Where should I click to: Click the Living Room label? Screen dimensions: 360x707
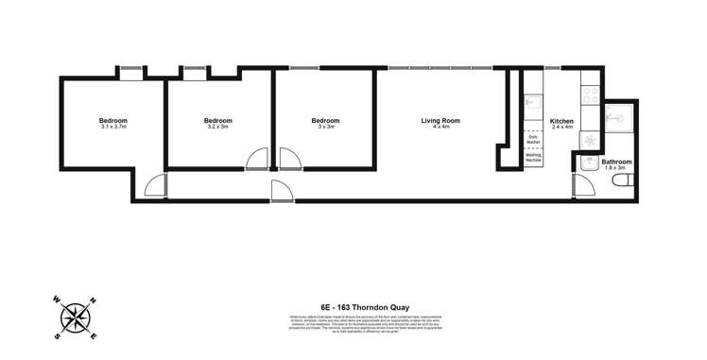[440, 120]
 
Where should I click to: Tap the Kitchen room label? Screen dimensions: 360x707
[561, 120]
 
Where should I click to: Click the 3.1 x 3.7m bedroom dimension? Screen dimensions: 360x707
[113, 128]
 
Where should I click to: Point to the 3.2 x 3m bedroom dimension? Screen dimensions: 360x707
[217, 128]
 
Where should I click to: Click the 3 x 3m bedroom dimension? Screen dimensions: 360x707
[325, 128]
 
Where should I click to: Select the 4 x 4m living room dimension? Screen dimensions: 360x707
[440, 128]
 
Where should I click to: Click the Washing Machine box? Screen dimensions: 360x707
[533, 158]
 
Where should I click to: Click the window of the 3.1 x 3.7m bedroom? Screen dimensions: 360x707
[131, 68]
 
